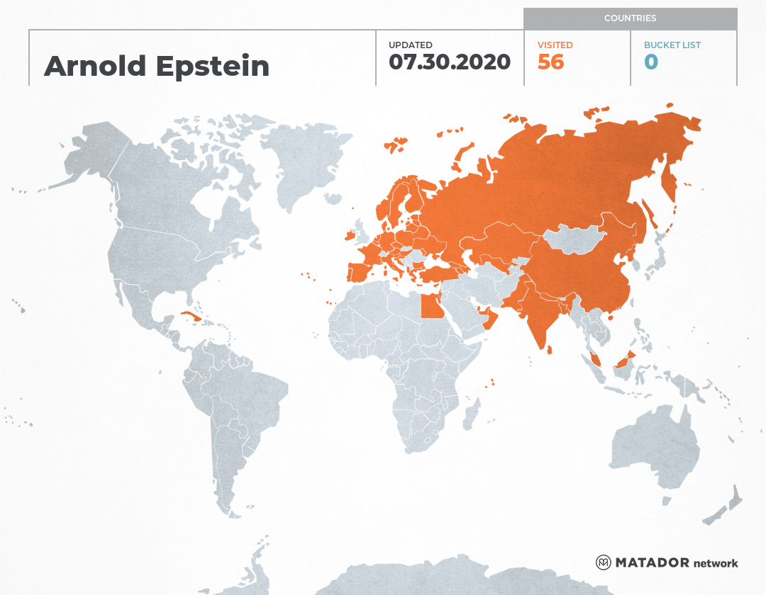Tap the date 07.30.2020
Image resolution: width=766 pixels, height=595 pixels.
pos(450,62)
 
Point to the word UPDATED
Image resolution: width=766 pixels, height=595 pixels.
pos(410,45)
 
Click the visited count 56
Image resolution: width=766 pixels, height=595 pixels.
pos(550,62)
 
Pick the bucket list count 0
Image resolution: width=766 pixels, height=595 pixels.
pos(650,62)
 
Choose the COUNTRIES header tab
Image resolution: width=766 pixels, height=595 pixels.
pos(630,18)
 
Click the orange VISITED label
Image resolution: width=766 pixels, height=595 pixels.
pos(555,45)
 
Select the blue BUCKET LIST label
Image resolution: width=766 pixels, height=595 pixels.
pos(672,45)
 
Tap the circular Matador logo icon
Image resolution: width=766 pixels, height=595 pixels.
pos(604,563)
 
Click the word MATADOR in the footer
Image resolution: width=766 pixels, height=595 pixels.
pos(652,563)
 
